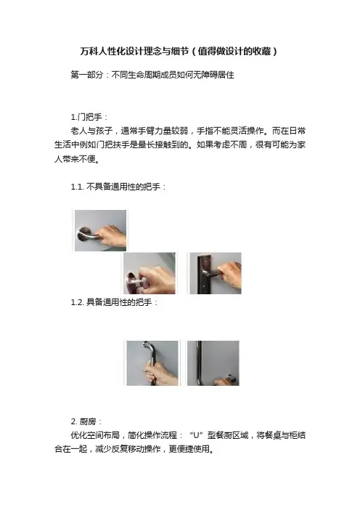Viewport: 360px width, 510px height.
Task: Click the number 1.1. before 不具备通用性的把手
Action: pyautogui.click(x=78, y=187)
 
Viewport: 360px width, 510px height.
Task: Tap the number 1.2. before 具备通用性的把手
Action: pyautogui.click(x=78, y=302)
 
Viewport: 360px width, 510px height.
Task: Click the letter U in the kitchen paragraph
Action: pyautogui.click(x=196, y=435)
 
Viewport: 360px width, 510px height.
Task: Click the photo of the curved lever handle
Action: pyautogui.click(x=100, y=230)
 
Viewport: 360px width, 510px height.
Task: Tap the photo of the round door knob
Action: pyautogui.click(x=150, y=273)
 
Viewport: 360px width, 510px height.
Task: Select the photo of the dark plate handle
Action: pyautogui.click(x=216, y=273)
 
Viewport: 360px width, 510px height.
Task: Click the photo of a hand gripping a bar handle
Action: pyautogui.click(x=152, y=363)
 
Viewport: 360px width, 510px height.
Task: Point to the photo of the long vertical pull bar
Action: pyautogui.click(x=213, y=363)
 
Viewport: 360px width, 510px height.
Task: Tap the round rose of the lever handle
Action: pyautogui.click(x=81, y=234)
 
